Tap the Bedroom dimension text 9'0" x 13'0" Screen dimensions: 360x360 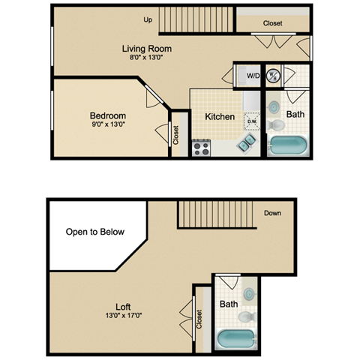click(x=108, y=126)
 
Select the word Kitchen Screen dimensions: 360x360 click(x=220, y=117)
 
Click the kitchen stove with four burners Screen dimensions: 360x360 click(x=201, y=148)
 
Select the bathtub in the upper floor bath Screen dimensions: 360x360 click(x=288, y=145)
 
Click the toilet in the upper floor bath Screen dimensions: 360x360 click(x=276, y=122)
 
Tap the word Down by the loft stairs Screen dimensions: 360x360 click(x=273, y=213)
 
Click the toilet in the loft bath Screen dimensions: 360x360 click(x=248, y=318)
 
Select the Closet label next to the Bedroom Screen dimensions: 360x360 click(x=176, y=135)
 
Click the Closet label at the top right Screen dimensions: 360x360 click(x=273, y=23)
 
